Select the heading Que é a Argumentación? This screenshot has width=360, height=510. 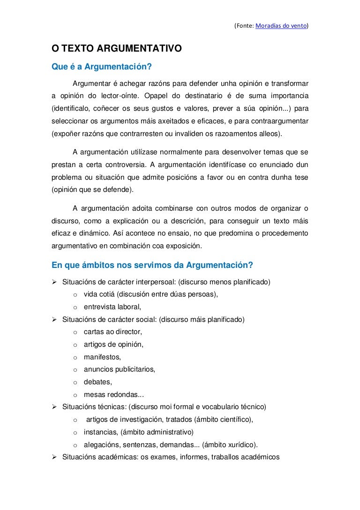(102, 67)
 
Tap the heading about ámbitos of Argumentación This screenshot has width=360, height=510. (152, 265)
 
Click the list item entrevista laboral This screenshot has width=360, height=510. (112, 307)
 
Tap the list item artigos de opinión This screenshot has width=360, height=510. (113, 344)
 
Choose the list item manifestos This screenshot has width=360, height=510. (102, 357)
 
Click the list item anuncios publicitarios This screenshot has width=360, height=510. (120, 369)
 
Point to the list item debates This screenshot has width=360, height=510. (98, 382)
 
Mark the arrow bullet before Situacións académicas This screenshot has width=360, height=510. (54, 457)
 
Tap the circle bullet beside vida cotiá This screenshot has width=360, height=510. (75, 295)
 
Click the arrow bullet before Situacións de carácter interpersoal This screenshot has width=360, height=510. (54, 282)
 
